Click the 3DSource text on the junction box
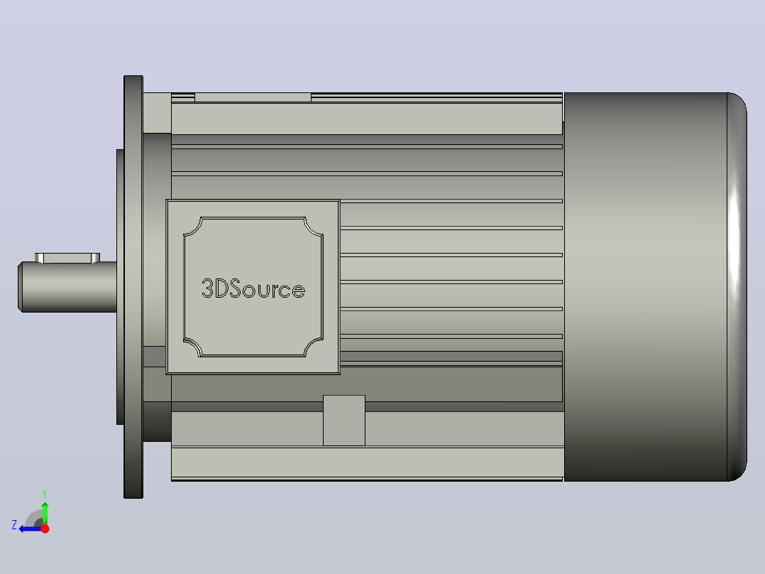[253, 289]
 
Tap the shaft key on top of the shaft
[67, 258]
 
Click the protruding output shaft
[67, 287]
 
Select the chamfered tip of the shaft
[21, 287]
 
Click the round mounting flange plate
[133, 287]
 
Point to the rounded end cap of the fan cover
[737, 287]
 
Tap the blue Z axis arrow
[31, 529]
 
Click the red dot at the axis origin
[45, 529]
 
